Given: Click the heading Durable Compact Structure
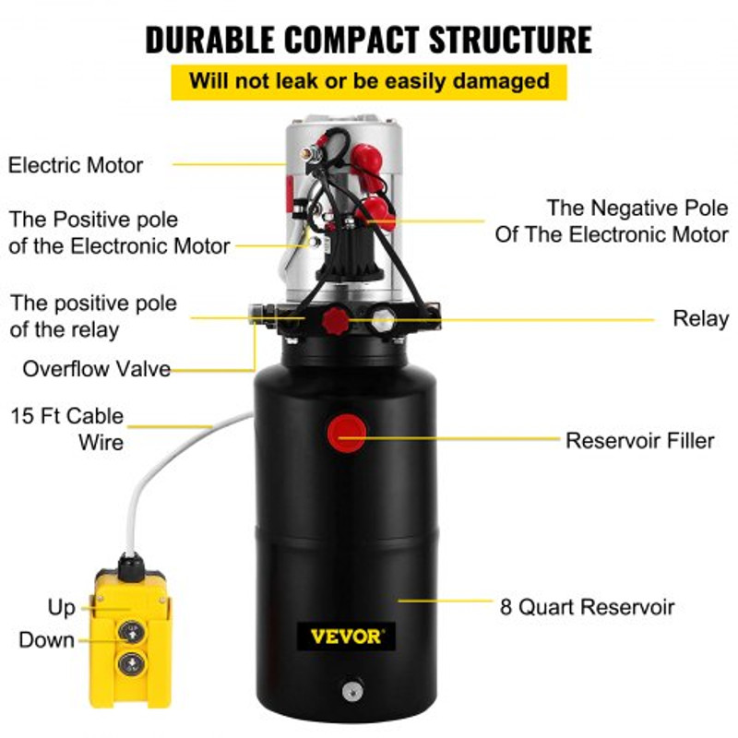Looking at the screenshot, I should click(369, 40).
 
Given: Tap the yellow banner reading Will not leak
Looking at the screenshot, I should click(369, 79).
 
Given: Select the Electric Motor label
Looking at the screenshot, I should click(76, 166).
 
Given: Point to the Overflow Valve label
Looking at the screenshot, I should click(97, 369).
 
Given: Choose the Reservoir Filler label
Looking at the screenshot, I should click(639, 441).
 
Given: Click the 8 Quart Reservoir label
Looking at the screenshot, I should click(587, 607).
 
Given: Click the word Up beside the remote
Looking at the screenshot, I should click(61, 608).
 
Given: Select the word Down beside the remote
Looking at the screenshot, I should click(46, 639).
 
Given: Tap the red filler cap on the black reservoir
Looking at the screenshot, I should click(347, 432).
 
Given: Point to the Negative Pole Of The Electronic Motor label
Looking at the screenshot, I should click(612, 221).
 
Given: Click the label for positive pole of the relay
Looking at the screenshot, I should click(93, 315).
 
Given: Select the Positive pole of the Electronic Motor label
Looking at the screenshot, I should click(119, 233).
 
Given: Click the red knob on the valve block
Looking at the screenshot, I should click(334, 321).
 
